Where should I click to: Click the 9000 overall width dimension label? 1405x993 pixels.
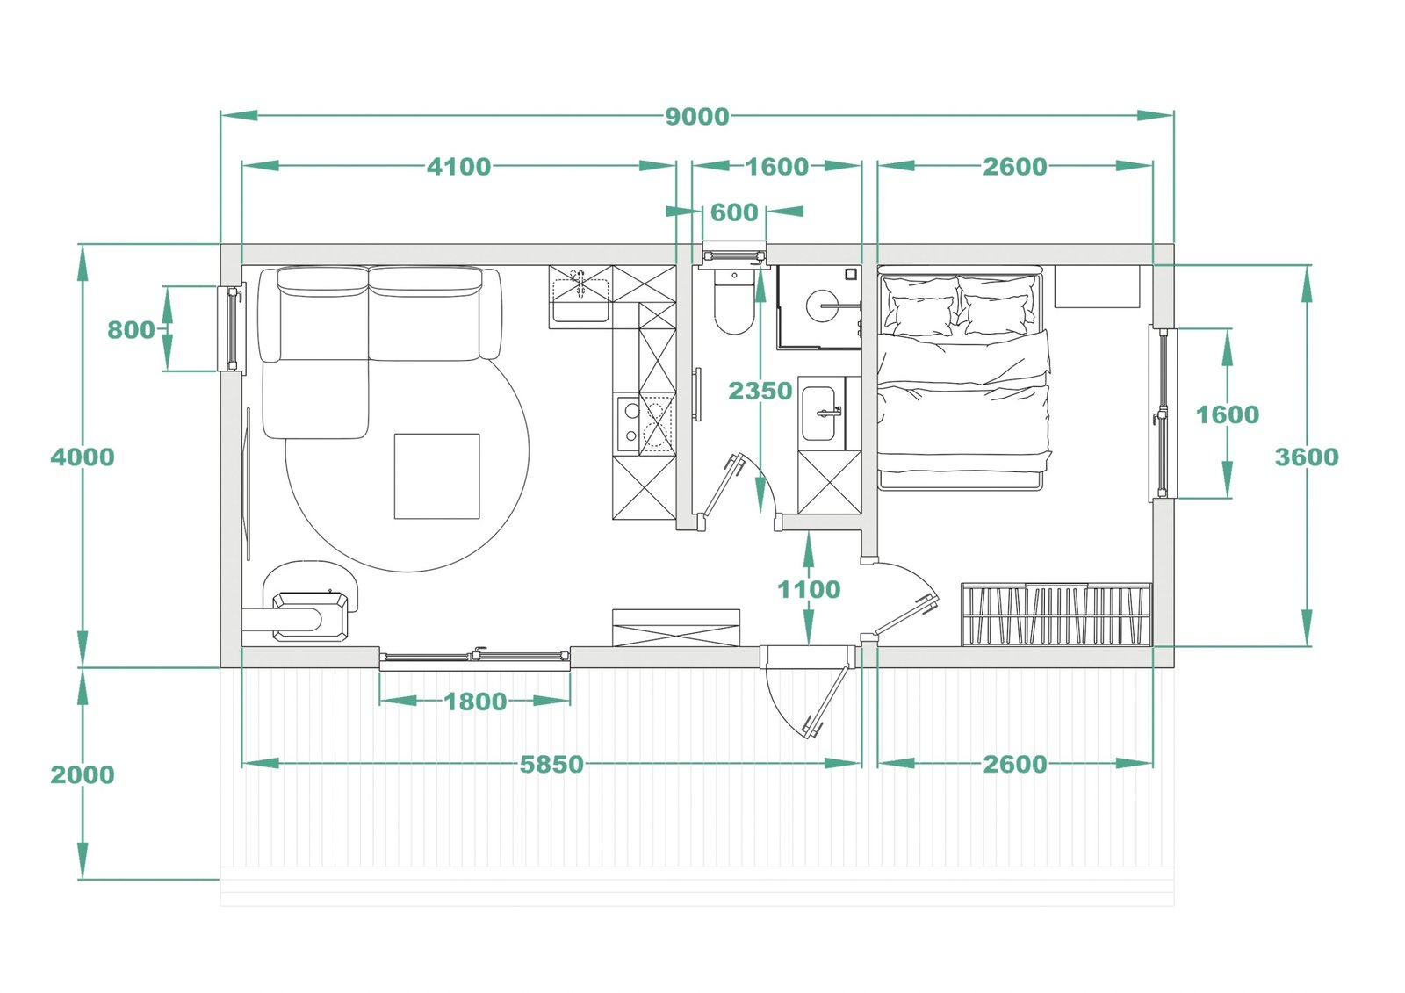pyautogui.click(x=697, y=117)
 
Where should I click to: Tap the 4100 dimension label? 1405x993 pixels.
pyautogui.click(x=458, y=167)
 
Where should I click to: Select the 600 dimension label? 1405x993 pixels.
pyautogui.click(x=734, y=212)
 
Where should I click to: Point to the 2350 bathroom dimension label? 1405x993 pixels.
pyautogui.click(x=760, y=391)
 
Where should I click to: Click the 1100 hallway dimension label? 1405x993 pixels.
pyautogui.click(x=809, y=590)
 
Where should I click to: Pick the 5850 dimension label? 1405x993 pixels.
pyautogui.click(x=551, y=764)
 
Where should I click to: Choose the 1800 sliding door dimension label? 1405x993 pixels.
pyautogui.click(x=475, y=702)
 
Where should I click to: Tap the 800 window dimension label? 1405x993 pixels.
pyautogui.click(x=131, y=330)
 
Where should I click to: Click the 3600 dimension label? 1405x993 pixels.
pyautogui.click(x=1307, y=457)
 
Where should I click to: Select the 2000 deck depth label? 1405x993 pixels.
pyautogui.click(x=83, y=774)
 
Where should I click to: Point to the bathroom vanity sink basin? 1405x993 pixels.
pyautogui.click(x=818, y=414)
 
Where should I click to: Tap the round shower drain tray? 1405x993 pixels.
pyautogui.click(x=822, y=306)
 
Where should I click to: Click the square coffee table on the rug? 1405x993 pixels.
pyautogui.click(x=436, y=476)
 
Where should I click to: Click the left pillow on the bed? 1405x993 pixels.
pyautogui.click(x=921, y=307)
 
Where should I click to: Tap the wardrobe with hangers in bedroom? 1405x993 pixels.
pyautogui.click(x=1057, y=614)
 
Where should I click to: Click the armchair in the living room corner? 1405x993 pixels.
pyautogui.click(x=310, y=601)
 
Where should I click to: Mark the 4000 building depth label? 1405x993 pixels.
pyautogui.click(x=83, y=457)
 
